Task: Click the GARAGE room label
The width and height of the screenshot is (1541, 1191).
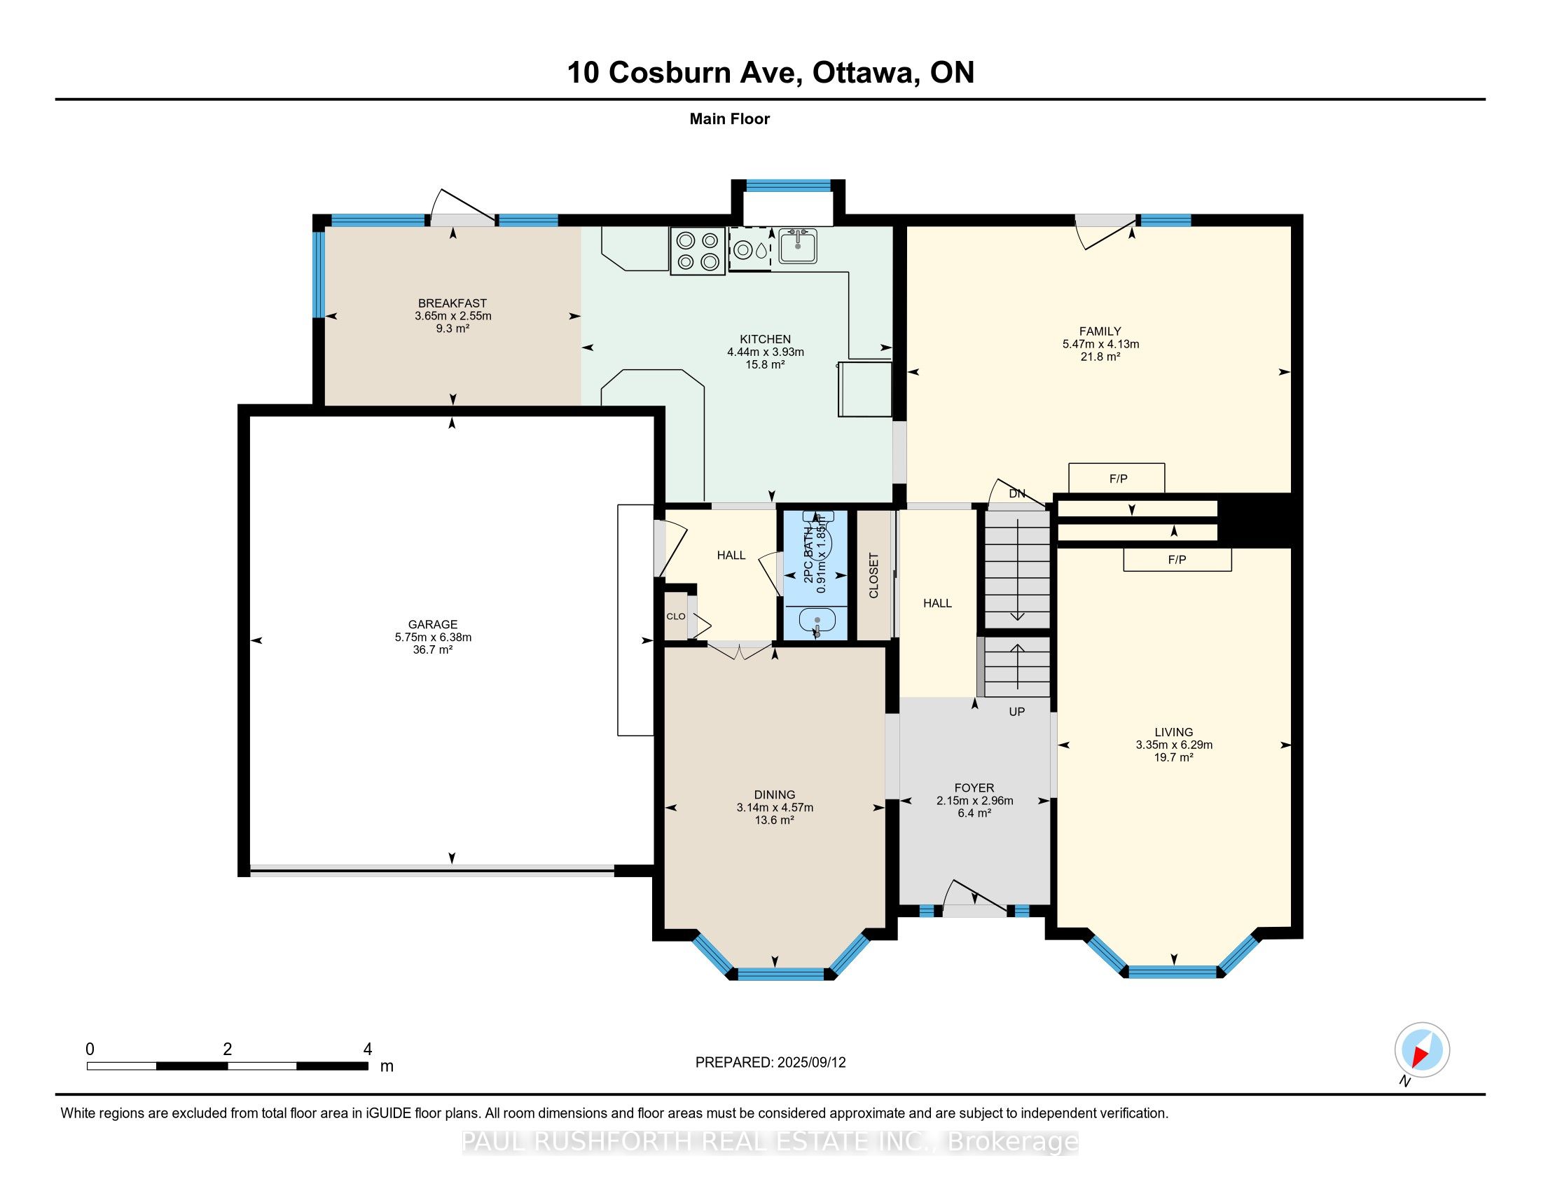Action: click(432, 624)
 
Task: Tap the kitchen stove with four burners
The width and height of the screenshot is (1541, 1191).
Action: click(698, 252)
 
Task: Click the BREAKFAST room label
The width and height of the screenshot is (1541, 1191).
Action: click(452, 303)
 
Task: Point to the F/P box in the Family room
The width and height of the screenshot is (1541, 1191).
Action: click(1117, 478)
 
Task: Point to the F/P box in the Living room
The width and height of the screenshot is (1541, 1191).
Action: click(1177, 560)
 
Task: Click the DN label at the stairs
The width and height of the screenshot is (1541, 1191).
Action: click(1017, 494)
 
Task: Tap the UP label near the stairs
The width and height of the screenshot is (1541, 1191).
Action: click(1017, 711)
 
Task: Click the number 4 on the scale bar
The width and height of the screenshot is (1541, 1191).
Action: click(367, 1049)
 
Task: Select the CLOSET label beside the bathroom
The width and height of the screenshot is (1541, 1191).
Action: click(873, 576)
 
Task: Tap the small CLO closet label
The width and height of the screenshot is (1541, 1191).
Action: click(675, 616)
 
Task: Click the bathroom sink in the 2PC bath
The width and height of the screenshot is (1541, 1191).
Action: click(817, 621)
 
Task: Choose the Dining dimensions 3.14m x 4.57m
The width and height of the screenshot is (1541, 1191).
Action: click(775, 807)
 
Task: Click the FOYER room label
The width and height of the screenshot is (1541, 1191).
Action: click(974, 788)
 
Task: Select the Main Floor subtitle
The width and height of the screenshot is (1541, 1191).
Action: click(730, 118)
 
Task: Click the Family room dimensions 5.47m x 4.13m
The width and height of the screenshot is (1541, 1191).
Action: click(1100, 344)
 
